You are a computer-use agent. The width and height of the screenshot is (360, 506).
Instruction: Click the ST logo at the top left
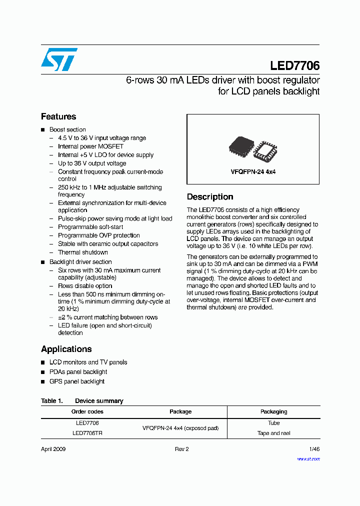tap(59, 59)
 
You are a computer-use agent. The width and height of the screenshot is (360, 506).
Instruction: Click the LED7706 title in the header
tap(294, 65)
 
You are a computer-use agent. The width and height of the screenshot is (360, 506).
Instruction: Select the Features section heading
tap(58, 116)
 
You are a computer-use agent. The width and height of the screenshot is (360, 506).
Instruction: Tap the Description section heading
tap(210, 197)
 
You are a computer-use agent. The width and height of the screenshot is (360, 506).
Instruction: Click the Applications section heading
tap(66, 349)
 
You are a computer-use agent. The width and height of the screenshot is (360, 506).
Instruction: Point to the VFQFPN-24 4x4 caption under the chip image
tap(253, 171)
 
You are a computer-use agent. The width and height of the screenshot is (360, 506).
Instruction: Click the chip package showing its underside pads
tap(265, 151)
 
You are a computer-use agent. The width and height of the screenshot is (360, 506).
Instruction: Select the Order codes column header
tap(87, 411)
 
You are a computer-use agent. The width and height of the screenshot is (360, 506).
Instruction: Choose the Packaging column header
tap(273, 411)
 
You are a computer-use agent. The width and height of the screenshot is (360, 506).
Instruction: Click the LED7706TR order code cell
tap(87, 433)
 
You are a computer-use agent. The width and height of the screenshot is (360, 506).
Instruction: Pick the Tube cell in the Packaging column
tap(273, 422)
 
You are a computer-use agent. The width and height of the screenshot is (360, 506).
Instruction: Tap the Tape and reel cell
tap(273, 433)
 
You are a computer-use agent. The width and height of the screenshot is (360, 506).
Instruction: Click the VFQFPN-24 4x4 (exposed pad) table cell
tap(180, 428)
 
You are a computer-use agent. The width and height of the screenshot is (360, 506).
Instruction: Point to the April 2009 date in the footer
tap(53, 449)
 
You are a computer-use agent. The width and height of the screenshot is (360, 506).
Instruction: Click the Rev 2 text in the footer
tap(181, 449)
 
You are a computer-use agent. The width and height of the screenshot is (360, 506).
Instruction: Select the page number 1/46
tap(314, 449)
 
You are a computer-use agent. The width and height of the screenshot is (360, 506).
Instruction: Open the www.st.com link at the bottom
tap(308, 458)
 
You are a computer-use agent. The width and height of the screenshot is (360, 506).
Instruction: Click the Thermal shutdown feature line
tap(83, 252)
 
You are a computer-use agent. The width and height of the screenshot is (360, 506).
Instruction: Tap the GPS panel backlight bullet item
tap(77, 381)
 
